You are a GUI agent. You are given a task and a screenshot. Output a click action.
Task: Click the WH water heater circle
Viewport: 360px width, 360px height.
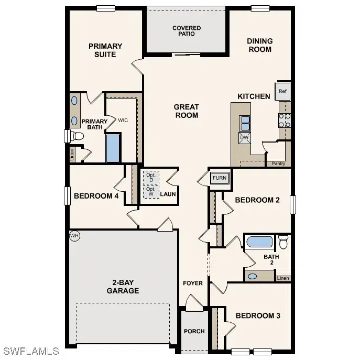click(74, 236)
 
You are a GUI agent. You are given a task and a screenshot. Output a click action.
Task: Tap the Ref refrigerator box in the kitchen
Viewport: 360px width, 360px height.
click(282, 91)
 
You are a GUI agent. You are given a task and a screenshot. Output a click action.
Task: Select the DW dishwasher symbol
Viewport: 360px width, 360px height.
click(244, 138)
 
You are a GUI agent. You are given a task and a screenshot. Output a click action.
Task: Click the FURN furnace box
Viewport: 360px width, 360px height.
click(220, 178)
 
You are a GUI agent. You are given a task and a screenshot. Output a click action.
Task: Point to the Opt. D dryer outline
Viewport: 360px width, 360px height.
click(151, 178)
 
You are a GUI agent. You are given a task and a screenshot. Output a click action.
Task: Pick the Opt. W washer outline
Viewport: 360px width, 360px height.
click(151, 192)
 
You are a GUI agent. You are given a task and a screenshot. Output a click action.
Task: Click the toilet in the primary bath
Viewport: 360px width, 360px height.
click(77, 136)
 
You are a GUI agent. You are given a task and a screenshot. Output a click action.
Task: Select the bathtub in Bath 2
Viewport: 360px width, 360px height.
click(259, 242)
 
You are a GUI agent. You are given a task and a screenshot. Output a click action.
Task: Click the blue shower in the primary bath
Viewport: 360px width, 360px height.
click(113, 148)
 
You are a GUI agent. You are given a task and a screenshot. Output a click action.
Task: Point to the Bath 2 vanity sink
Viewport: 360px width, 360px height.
click(253, 276)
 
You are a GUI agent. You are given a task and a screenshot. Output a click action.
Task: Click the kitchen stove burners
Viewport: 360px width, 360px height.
click(285, 121)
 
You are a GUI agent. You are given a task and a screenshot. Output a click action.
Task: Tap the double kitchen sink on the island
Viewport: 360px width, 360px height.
click(245, 123)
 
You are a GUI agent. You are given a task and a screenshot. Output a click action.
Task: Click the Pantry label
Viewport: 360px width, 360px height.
click(278, 163)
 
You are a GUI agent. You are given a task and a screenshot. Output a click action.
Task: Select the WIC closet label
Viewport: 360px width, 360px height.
click(123, 121)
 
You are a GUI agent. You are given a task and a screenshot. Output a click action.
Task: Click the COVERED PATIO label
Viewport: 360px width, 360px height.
click(187, 31)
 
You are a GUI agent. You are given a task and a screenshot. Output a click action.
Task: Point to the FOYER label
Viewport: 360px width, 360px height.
click(193, 283)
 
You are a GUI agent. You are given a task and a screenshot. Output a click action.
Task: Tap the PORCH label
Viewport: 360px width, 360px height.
click(194, 331)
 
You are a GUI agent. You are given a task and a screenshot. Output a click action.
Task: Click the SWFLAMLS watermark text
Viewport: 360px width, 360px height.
click(31, 351)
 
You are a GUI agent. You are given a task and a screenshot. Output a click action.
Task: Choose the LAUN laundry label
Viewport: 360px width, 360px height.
click(168, 194)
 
